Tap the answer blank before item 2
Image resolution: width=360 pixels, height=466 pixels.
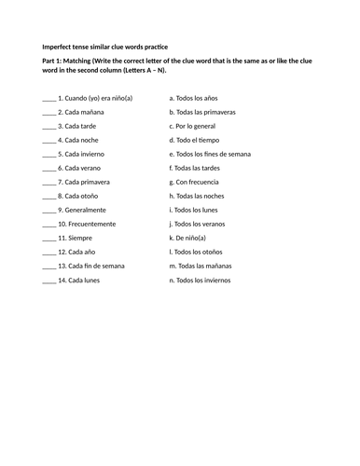coord(48,112)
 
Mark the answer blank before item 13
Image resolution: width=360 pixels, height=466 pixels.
coord(48,266)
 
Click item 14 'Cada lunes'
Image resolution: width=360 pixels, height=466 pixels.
coord(83,280)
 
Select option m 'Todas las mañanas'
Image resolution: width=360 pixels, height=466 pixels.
coord(205,266)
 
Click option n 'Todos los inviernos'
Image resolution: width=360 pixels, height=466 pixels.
coord(207,280)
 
